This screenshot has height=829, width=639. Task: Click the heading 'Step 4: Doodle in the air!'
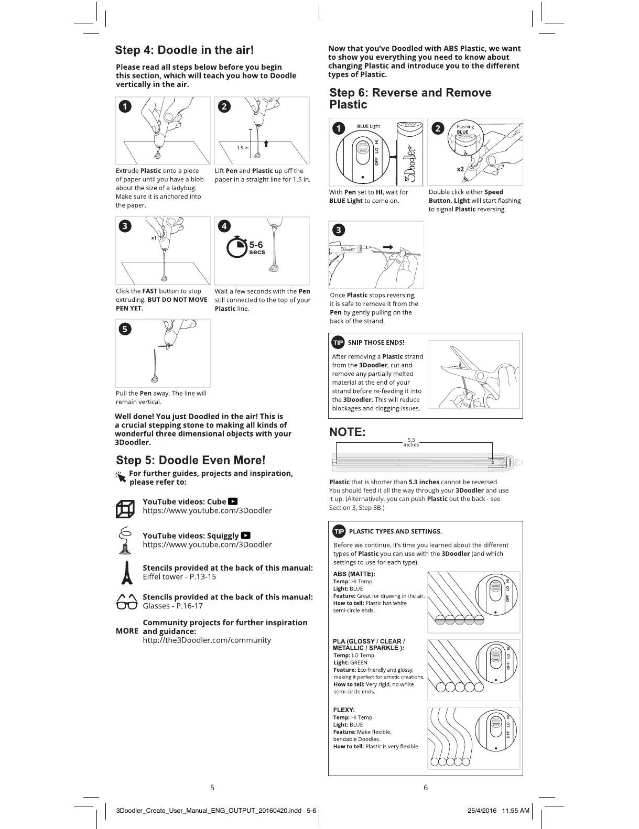pos(185,50)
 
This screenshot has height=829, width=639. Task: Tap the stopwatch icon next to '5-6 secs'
pos(236,247)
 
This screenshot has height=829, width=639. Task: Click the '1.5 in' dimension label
pos(242,148)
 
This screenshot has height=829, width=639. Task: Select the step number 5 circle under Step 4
pos(125,329)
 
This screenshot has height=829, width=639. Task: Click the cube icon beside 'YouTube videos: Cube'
pos(125,509)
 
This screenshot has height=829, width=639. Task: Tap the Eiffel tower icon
pos(126,572)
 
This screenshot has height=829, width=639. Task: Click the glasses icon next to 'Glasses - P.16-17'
pos(126,602)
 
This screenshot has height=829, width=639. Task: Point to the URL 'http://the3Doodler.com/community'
pos(207,640)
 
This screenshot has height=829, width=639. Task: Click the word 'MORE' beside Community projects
pos(127,631)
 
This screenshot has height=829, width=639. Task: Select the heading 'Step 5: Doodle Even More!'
pos(191,460)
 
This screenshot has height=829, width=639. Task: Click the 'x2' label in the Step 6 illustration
pos(460,169)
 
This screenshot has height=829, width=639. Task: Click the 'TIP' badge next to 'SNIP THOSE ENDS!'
pos(338,342)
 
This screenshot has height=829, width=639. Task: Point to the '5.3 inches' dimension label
pos(411,443)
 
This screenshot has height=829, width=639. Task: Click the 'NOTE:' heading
pos(347,432)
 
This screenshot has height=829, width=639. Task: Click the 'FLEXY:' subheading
pos(344,710)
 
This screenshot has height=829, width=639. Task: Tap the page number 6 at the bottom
pos(425,787)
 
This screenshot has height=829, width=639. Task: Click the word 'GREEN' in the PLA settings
pos(359,662)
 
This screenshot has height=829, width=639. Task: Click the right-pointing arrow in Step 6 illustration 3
pos(388,247)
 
